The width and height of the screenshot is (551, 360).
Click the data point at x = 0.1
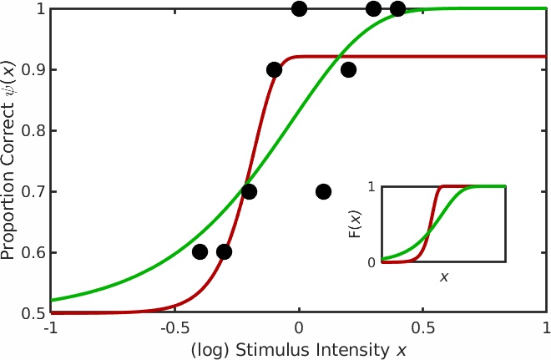tap(323, 192)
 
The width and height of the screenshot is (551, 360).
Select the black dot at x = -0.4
tap(200, 252)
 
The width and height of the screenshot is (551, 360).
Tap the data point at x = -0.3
tap(224, 252)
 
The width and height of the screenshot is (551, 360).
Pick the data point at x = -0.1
tap(274, 70)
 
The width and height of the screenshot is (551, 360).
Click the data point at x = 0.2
tap(348, 70)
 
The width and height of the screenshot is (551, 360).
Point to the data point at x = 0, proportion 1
tap(299, 9)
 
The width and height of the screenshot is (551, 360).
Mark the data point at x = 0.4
tap(397, 9)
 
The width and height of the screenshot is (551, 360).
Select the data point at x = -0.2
tap(249, 191)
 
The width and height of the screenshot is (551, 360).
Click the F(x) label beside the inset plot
tap(355, 224)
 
